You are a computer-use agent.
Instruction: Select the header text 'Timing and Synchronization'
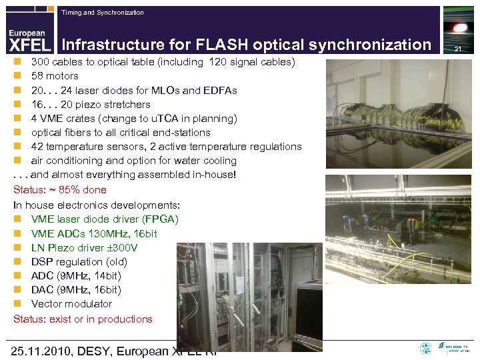pyautogui.click(x=102, y=13)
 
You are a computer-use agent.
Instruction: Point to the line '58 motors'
pyautogui.click(x=55, y=76)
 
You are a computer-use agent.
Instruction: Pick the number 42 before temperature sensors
pyautogui.click(x=37, y=147)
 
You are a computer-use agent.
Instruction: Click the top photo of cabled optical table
pyautogui.click(x=397, y=114)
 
